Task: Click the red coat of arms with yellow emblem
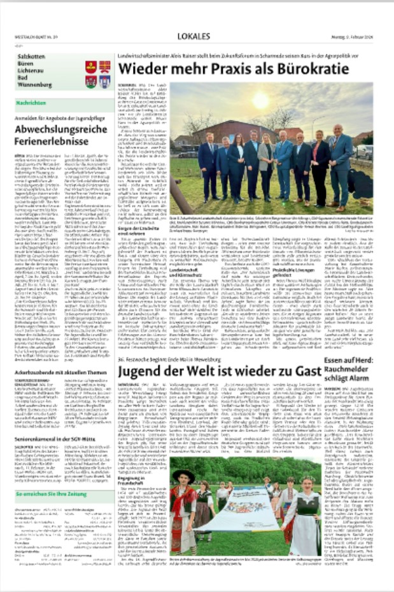click(x=91, y=66)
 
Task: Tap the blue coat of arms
click(x=104, y=82)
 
